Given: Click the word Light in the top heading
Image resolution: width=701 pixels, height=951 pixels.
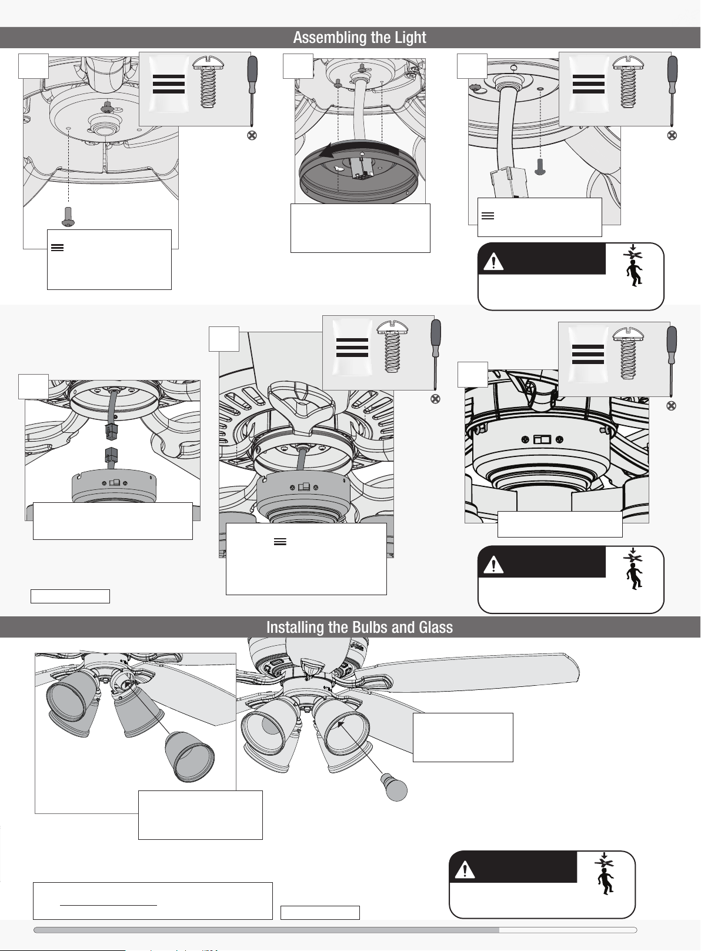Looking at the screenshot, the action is pyautogui.click(x=410, y=38).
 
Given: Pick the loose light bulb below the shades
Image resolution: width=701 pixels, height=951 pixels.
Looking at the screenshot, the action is pyautogui.click(x=395, y=788).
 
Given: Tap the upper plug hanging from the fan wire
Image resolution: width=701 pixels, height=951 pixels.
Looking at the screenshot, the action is pyautogui.click(x=111, y=431).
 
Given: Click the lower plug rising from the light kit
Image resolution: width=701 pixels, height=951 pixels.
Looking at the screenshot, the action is pyautogui.click(x=111, y=457).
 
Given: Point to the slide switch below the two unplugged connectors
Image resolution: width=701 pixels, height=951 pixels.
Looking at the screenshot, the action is pyautogui.click(x=114, y=483).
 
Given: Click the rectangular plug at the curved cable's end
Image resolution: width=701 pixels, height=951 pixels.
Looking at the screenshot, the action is pyautogui.click(x=508, y=183).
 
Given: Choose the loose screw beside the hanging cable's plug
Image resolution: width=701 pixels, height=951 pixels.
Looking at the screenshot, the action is pyautogui.click(x=540, y=166).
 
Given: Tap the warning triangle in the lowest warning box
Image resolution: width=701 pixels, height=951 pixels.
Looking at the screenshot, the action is pyautogui.click(x=465, y=871).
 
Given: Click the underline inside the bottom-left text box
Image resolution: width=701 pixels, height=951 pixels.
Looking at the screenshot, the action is pyautogui.click(x=109, y=905).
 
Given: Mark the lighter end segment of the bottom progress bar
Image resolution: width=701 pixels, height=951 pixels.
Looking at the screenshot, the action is pyautogui.click(x=568, y=930).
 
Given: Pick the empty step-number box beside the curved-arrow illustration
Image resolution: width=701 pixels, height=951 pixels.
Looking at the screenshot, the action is pyautogui.click(x=298, y=66).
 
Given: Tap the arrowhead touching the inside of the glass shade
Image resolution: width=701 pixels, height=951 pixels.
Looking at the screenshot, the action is pyautogui.click(x=341, y=725).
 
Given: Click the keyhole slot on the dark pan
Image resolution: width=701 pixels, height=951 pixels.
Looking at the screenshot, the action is pyautogui.click(x=339, y=168).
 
